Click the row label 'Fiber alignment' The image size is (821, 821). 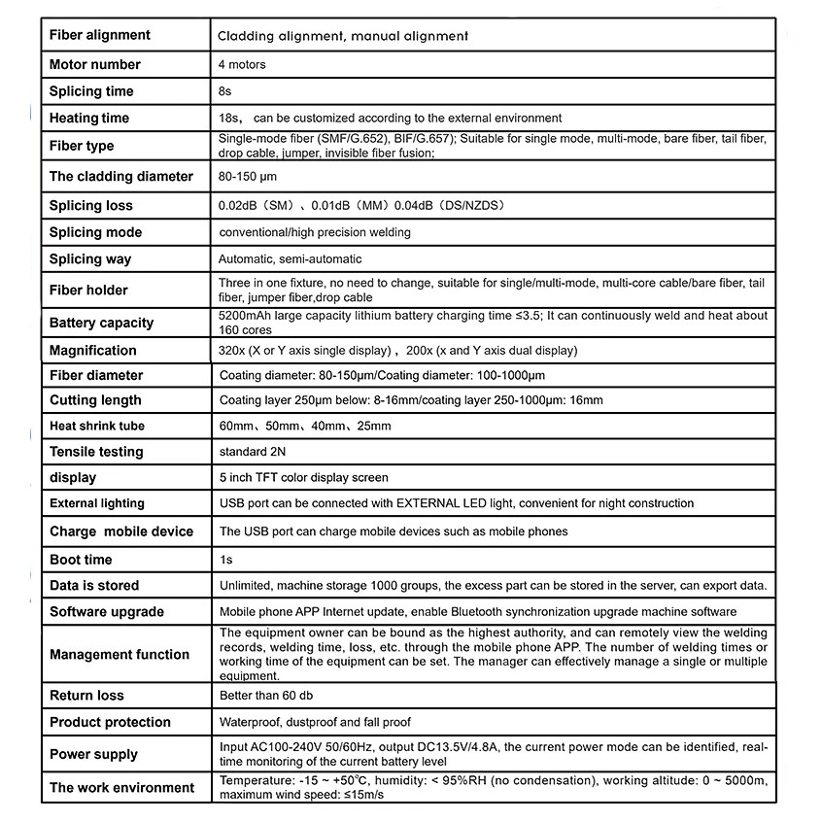(x=100, y=35)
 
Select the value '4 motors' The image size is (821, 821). (x=242, y=65)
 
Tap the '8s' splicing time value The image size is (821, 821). (x=226, y=91)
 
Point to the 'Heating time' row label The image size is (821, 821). (x=89, y=118)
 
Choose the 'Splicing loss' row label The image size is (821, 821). (x=91, y=205)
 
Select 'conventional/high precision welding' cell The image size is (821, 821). (x=315, y=232)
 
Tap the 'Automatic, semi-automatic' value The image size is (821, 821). (x=290, y=259)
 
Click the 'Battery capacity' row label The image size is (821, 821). (x=101, y=323)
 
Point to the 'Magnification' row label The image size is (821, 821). (x=93, y=350)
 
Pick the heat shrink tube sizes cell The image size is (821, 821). (x=305, y=426)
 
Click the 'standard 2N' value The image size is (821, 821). (x=253, y=452)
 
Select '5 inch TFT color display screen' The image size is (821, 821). (x=303, y=477)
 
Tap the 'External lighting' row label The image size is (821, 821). (x=97, y=503)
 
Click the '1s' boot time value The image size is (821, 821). (x=226, y=560)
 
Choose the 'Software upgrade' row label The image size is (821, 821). (x=107, y=611)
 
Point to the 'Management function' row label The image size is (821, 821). (x=120, y=654)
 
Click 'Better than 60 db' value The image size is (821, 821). (x=266, y=696)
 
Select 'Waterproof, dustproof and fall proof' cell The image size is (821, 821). (x=315, y=722)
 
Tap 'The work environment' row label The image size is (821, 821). (x=122, y=787)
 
